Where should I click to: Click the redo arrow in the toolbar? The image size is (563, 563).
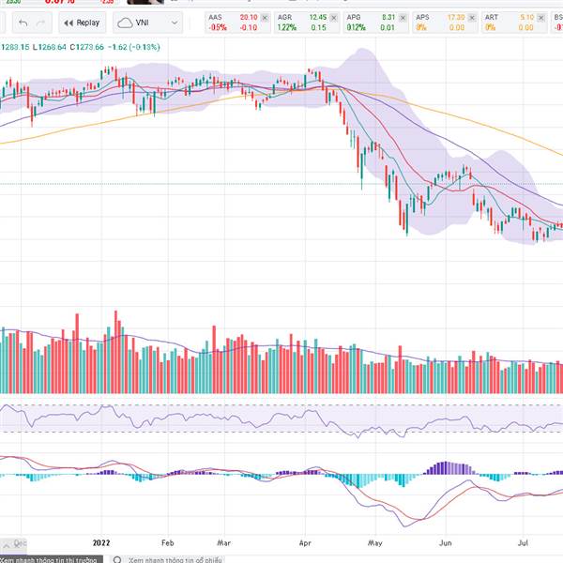pos(43,23)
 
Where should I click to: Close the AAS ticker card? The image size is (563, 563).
pos(265,17)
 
